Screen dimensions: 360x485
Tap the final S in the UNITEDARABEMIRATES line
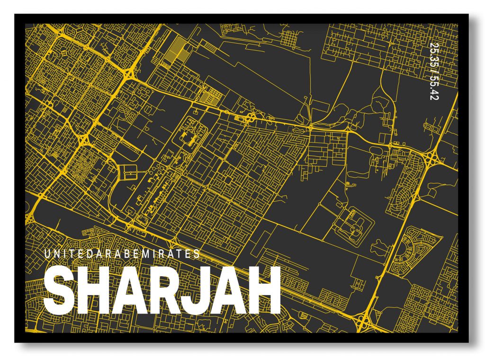[198, 254]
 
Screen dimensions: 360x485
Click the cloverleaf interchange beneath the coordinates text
[432, 157]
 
